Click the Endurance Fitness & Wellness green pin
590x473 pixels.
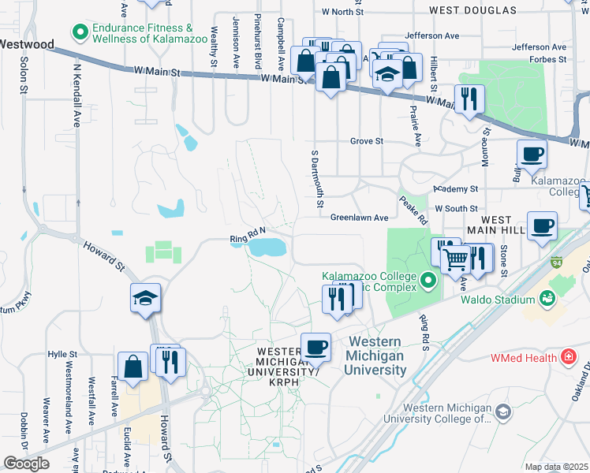pyautogui.click(x=79, y=32)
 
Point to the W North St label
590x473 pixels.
pyautogui.click(x=342, y=13)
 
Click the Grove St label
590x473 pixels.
pyautogui.click(x=367, y=141)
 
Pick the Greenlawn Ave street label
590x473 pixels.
pyautogui.click(x=360, y=217)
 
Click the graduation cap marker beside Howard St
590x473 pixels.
pyautogui.click(x=146, y=299)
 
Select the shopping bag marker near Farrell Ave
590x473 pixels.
pyautogui.click(x=133, y=367)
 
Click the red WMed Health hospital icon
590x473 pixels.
pyautogui.click(x=567, y=358)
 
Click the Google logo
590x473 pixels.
pyautogui.click(x=26, y=464)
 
